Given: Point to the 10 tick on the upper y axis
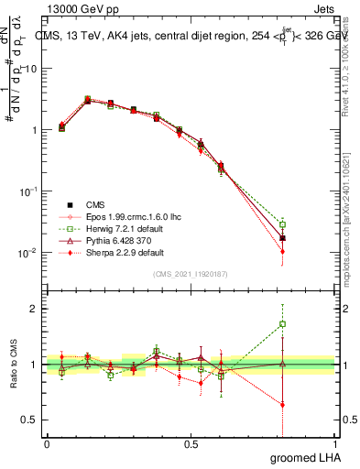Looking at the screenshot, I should pos(30,70).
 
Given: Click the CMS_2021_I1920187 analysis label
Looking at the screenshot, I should pos(191,275).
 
